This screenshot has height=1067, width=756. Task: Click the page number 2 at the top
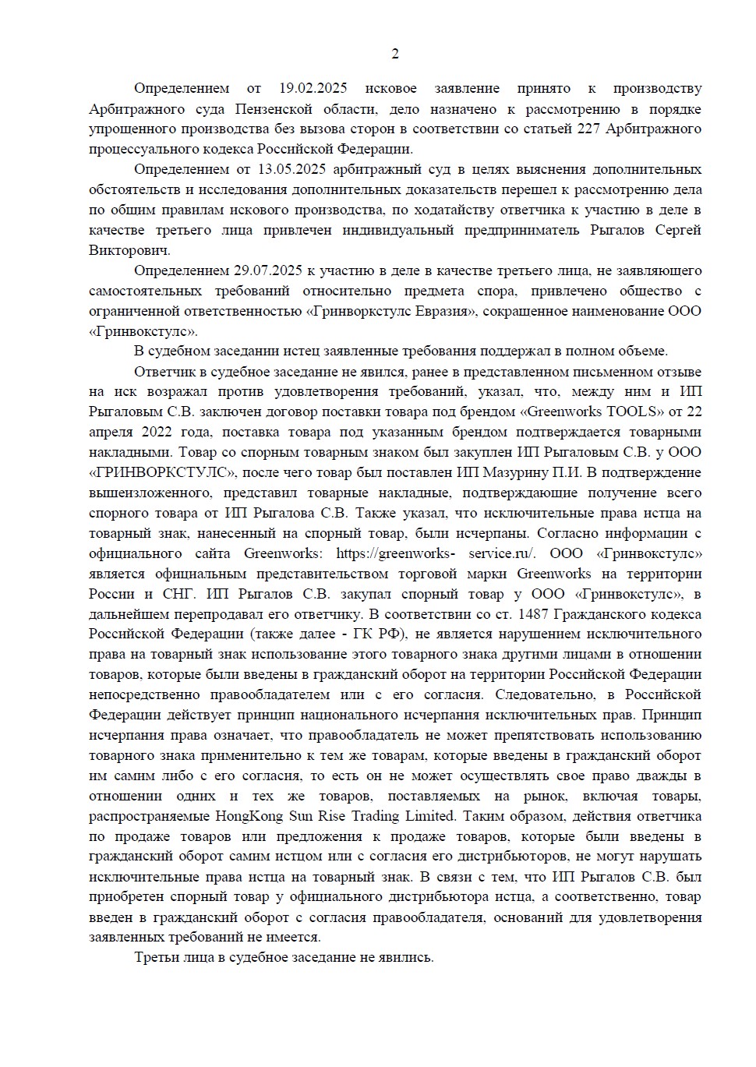(394, 54)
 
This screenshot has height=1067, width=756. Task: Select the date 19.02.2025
(313, 88)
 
